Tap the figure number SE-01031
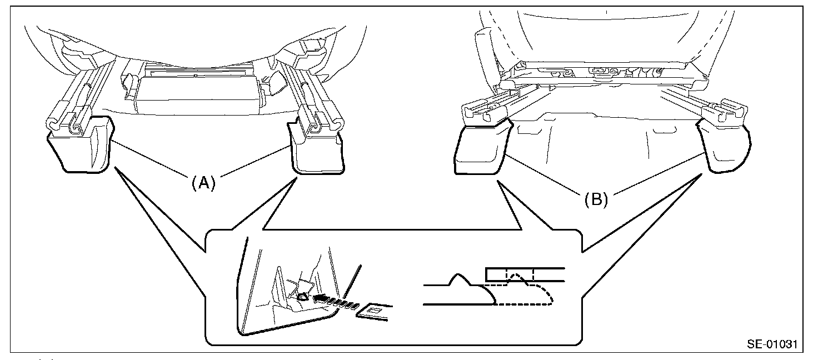pyautogui.click(x=771, y=344)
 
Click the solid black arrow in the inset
pyautogui.click(x=321, y=299)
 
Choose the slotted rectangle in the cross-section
pyautogui.click(x=525, y=274)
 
